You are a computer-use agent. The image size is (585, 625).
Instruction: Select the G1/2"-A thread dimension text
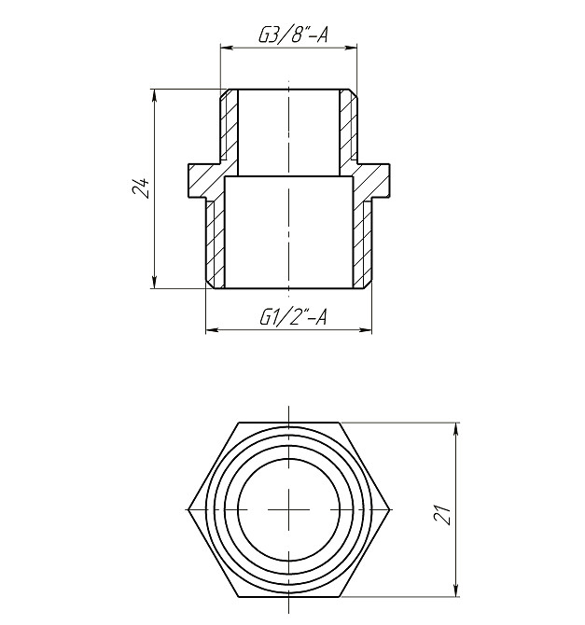292,317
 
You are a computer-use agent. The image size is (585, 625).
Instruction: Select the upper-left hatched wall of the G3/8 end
230,126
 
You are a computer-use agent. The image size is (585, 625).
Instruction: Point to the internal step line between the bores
290,176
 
